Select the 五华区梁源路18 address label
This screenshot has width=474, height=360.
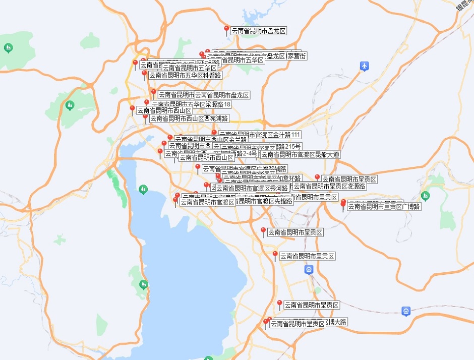coord(191,104)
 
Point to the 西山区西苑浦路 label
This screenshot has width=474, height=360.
coord(189,118)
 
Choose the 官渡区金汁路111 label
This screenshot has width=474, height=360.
coord(260,135)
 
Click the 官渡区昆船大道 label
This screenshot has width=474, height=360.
coord(301,154)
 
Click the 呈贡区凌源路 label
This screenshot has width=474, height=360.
coord(330,186)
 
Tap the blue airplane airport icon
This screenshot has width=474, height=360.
coord(365,66)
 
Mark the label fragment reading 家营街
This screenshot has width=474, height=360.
coord(297,56)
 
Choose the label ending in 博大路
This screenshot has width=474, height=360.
coord(337,321)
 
